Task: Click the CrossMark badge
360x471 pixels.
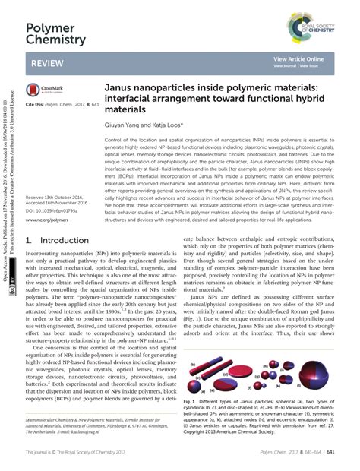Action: click(43, 89)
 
